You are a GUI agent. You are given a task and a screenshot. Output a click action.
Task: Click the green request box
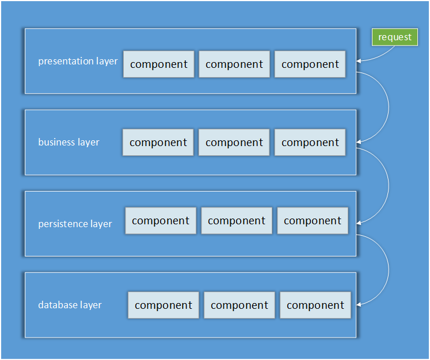(395, 37)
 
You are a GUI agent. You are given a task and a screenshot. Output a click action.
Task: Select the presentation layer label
(78, 61)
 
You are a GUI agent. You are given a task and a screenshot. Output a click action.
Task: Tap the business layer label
(69, 142)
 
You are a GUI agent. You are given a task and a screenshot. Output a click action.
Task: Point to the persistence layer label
(75, 224)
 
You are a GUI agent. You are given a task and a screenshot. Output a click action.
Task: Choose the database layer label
(70, 305)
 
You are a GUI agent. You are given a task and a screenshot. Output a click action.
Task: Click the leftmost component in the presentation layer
(159, 64)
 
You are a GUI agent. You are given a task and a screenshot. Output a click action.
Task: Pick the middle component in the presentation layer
(234, 64)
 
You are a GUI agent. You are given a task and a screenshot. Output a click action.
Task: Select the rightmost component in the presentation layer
(310, 64)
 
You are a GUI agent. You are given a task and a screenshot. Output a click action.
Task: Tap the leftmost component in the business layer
(158, 143)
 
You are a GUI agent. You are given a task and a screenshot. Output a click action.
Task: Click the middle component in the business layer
(234, 143)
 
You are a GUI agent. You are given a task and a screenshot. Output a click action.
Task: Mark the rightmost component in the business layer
(310, 143)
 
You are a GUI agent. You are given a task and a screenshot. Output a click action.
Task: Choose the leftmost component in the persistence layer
(161, 221)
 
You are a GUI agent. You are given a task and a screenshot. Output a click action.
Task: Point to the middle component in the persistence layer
(237, 221)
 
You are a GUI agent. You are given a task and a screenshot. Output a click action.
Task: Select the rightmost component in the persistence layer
(313, 221)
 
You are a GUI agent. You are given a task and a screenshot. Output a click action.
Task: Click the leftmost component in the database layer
(163, 305)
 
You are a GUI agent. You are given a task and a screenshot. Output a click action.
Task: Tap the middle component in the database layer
(239, 305)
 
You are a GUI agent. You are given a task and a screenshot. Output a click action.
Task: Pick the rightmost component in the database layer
(315, 305)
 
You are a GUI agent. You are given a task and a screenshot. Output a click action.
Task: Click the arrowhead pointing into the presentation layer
(359, 61)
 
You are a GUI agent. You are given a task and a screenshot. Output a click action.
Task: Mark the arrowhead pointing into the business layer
(359, 142)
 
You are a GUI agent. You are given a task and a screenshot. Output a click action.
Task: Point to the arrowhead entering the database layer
(359, 304)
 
